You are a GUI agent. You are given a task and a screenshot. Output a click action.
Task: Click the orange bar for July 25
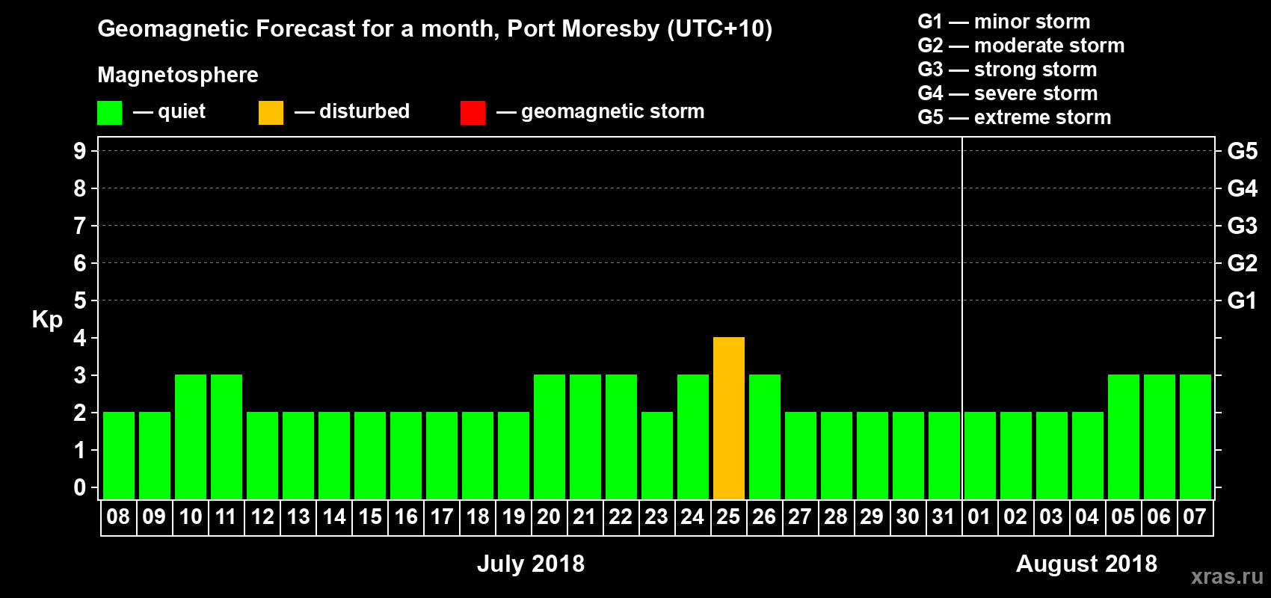[x=729, y=418]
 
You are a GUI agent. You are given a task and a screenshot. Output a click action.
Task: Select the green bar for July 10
[x=191, y=437]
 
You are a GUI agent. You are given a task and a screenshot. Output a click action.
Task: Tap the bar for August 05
[x=1124, y=437]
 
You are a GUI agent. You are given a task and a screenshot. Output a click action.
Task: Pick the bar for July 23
[x=657, y=455]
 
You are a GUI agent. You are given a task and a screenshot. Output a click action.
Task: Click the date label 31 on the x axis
[x=944, y=517]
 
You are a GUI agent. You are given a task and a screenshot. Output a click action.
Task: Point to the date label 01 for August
[x=979, y=517]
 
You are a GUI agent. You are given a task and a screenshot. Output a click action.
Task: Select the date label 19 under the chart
[x=514, y=517]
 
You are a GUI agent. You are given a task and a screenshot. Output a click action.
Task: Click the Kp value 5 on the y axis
[x=80, y=300]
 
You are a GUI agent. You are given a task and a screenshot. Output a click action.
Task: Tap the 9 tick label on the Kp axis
[x=80, y=151]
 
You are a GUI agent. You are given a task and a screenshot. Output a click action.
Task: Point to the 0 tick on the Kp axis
[x=80, y=487]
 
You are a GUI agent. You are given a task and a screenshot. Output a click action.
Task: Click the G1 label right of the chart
[x=1242, y=300]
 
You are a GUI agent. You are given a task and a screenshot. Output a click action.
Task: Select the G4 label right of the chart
[x=1242, y=188]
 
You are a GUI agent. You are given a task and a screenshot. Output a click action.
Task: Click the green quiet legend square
[x=110, y=112]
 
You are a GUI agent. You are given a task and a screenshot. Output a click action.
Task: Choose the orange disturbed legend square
[x=271, y=112]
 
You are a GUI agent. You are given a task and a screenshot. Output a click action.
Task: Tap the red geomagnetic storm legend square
[x=473, y=112]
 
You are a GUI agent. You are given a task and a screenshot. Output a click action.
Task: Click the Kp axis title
[x=47, y=319]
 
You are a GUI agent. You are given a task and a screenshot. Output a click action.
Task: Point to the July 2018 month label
[x=531, y=564]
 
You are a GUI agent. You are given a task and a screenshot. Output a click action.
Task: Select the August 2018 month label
[x=1086, y=564]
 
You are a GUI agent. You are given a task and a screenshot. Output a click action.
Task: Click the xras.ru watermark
[x=1227, y=576]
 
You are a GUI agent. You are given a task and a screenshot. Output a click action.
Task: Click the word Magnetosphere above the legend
[x=178, y=75]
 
